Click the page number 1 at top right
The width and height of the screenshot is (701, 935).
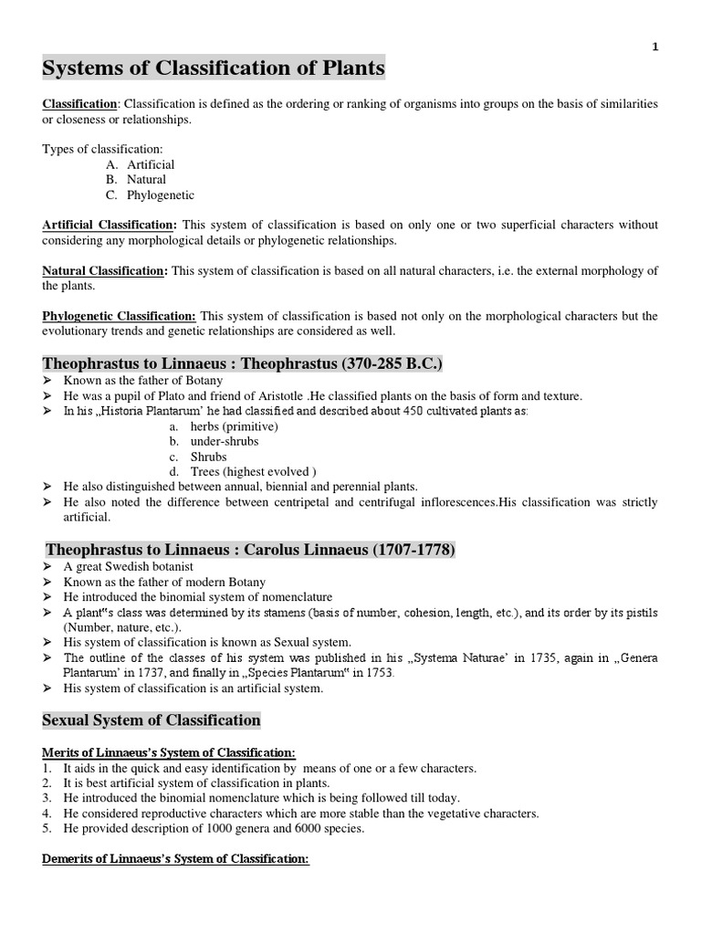click(654, 47)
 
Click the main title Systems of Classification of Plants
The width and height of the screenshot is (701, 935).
click(214, 68)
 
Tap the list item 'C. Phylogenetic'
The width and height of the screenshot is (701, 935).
click(150, 194)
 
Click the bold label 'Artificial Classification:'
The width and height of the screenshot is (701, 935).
click(110, 225)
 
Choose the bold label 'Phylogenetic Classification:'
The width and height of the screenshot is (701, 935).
click(120, 316)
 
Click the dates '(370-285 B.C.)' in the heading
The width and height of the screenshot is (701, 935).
click(392, 364)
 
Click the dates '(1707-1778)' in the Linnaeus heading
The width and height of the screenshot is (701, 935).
click(408, 550)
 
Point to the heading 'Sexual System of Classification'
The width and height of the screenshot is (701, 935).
click(152, 720)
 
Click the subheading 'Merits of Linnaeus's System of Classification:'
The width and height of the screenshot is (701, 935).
click(169, 752)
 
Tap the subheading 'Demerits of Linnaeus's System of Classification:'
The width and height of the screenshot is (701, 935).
click(176, 859)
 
